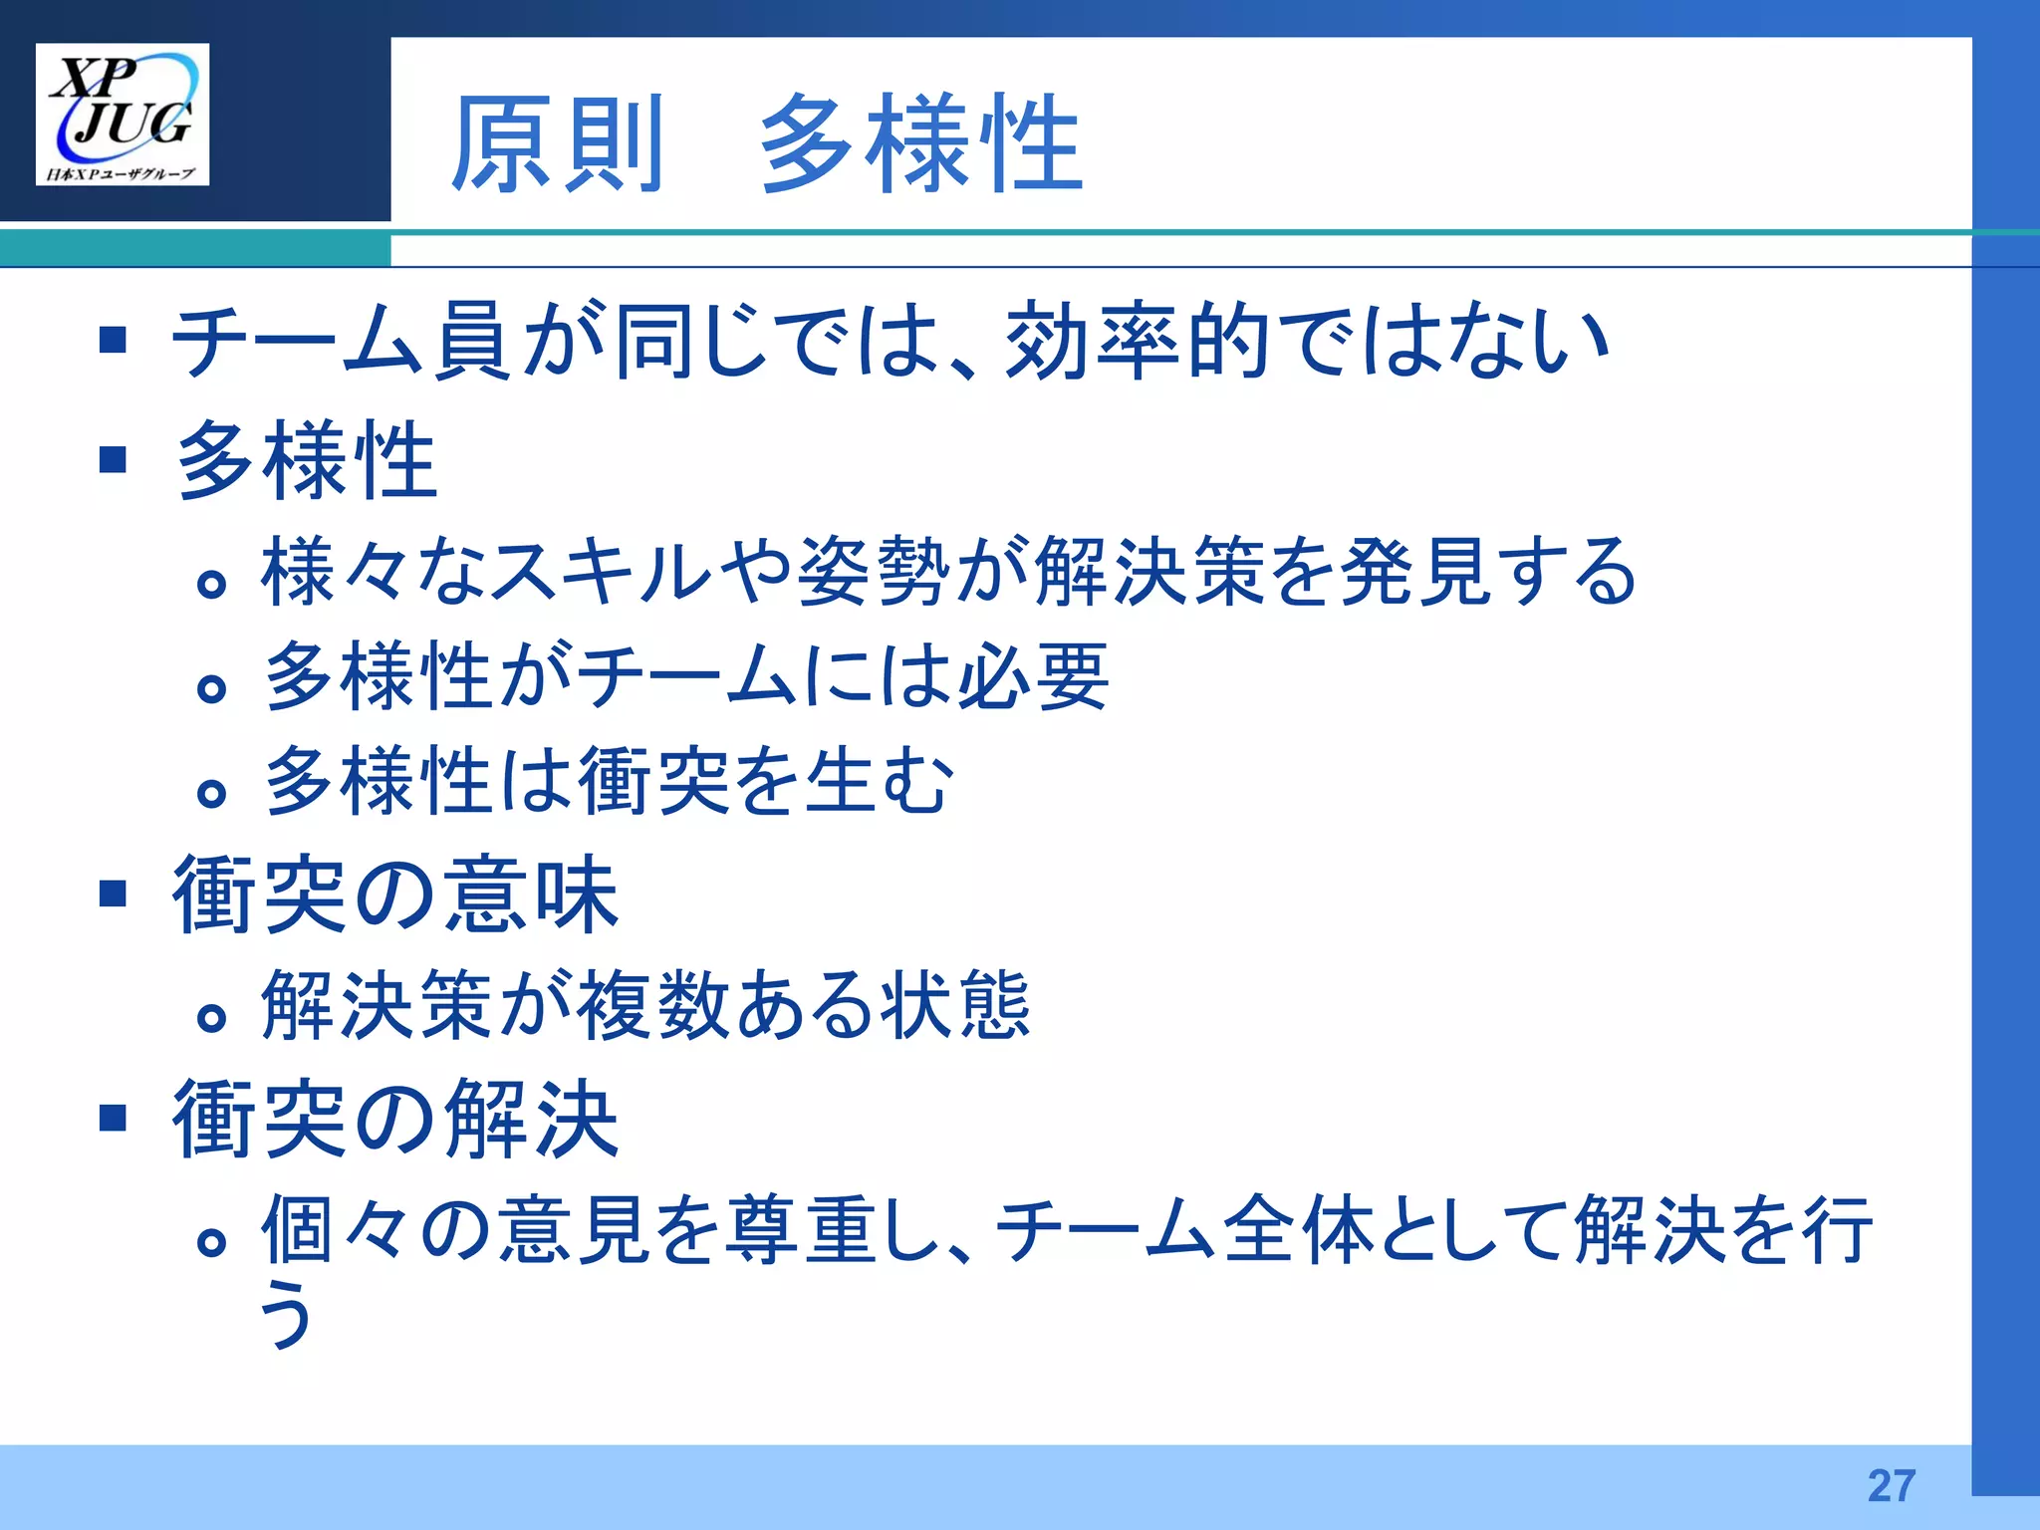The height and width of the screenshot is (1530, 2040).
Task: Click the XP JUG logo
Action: pos(123,114)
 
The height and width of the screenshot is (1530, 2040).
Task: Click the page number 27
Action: pos(1891,1485)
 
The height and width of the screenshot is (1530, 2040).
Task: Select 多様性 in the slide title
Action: pos(920,144)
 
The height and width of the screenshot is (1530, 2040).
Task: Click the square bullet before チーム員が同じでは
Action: pos(114,341)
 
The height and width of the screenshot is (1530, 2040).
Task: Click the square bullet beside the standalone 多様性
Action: pos(114,460)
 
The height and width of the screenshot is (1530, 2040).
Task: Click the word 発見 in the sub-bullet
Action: pos(1414,571)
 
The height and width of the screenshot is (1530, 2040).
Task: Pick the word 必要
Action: pos(1033,676)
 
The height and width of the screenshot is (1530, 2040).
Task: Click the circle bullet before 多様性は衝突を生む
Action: pos(211,794)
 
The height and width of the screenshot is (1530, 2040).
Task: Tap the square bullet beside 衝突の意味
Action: pos(114,893)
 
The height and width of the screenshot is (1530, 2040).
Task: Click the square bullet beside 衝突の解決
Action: pos(114,1118)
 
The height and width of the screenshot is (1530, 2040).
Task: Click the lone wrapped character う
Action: pos(286,1313)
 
